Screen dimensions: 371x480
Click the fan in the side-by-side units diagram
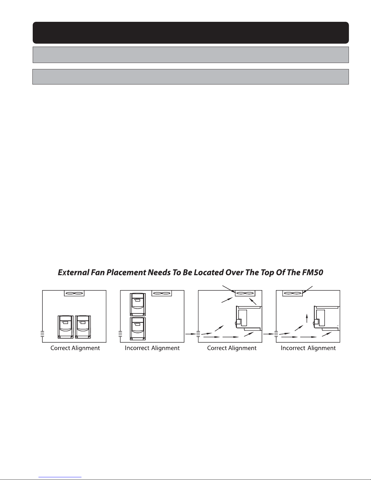tap(74, 293)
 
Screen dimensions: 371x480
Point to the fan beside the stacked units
tap(162, 293)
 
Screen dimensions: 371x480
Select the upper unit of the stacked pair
tap(138, 304)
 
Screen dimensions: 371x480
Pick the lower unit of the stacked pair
tap(138, 329)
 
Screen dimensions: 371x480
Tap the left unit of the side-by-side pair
tap(66, 327)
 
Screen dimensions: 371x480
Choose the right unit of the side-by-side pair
tap(83, 327)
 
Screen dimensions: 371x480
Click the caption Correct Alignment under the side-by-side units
tap(75, 348)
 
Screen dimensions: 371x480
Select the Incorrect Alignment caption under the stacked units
tap(152, 348)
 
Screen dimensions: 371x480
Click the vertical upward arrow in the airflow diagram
tap(307, 318)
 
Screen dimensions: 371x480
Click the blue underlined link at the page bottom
tap(60, 477)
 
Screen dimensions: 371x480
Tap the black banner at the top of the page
tap(191, 33)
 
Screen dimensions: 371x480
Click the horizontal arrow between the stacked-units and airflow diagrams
tap(190, 334)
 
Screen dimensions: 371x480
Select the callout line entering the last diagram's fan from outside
tap(307, 290)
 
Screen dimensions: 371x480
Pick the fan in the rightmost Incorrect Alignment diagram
tap(293, 293)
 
